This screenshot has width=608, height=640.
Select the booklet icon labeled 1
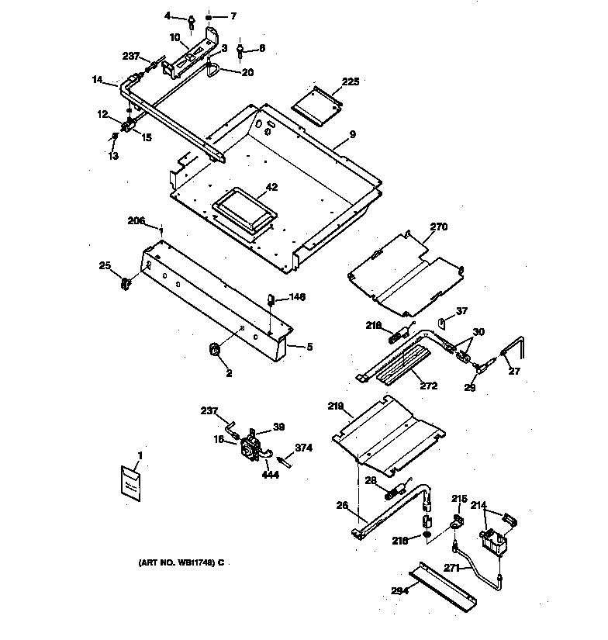(x=131, y=483)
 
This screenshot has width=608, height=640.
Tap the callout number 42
(x=250, y=186)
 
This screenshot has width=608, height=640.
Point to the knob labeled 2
(x=216, y=353)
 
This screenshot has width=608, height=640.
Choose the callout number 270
(x=439, y=227)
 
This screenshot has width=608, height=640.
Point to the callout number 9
(x=352, y=134)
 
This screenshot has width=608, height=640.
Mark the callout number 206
(x=136, y=220)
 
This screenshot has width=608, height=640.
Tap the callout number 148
(x=298, y=297)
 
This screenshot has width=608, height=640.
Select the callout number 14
(x=97, y=79)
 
